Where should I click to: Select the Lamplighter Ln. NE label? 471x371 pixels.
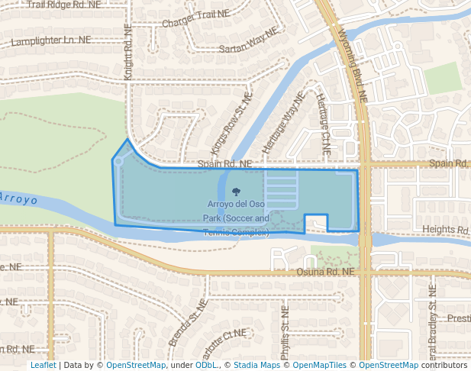[51, 40]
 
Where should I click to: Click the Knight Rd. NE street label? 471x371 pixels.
[128, 51]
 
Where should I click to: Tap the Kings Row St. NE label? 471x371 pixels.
[230, 125]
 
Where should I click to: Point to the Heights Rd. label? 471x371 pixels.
[446, 229]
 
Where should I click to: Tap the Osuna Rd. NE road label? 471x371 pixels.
[326, 271]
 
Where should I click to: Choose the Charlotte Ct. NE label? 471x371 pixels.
[224, 337]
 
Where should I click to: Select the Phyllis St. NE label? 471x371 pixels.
[284, 332]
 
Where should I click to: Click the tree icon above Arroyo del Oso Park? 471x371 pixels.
[235, 192]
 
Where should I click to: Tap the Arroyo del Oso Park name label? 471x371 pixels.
[236, 218]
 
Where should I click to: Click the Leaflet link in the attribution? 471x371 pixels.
[43, 366]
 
